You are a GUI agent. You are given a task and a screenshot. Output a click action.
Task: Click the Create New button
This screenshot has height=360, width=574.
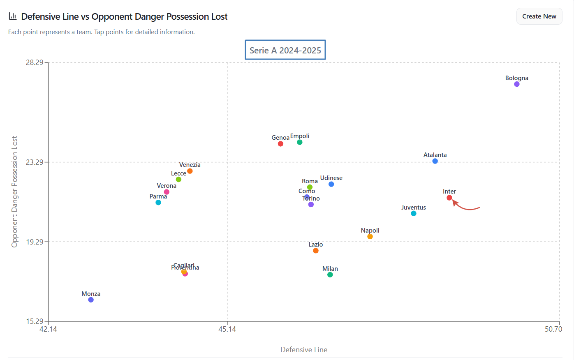tap(539, 16)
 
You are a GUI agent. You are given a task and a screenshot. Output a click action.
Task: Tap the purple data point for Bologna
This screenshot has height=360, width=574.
tap(517, 84)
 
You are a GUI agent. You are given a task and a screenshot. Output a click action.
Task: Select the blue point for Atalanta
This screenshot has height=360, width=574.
tap(435, 161)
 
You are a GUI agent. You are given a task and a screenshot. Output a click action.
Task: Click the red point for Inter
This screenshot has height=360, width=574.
tap(449, 198)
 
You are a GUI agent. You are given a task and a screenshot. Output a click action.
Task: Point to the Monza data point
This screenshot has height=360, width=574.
tap(91, 300)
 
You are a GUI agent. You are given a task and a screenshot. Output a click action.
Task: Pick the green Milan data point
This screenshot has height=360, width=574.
tap(330, 275)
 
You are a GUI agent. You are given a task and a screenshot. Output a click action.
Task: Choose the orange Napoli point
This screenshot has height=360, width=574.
tap(370, 237)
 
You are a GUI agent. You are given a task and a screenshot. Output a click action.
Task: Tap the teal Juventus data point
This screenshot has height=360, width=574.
tap(414, 214)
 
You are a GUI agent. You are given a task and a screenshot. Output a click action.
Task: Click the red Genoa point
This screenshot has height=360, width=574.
tap(280, 144)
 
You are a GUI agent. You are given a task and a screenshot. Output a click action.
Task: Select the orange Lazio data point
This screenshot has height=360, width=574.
tap(316, 251)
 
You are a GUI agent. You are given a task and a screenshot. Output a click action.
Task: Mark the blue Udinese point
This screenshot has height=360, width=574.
tap(331, 184)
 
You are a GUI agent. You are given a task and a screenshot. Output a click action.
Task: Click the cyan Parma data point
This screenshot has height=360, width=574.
tap(158, 203)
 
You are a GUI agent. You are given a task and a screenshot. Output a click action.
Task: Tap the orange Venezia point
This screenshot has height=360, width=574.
tap(190, 171)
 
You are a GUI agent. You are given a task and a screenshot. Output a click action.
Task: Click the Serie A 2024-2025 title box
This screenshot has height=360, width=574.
tap(285, 50)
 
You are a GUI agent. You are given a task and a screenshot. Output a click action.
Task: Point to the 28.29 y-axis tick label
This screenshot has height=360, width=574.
tap(35, 62)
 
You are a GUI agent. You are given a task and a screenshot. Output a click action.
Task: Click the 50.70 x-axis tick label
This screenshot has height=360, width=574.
tap(553, 329)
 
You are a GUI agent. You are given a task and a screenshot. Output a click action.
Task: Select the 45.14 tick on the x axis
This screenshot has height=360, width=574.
tap(227, 329)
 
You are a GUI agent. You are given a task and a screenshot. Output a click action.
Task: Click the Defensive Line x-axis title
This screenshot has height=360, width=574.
tap(304, 350)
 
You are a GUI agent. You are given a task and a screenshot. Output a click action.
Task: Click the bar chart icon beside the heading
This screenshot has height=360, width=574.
tap(13, 16)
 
